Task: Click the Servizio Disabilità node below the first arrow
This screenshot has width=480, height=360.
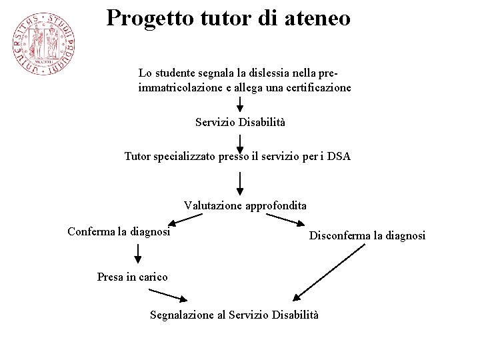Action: pyautogui.click(x=240, y=122)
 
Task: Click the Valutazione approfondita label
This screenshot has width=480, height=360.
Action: pyautogui.click(x=245, y=205)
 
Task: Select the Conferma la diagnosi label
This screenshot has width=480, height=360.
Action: pyautogui.click(x=119, y=232)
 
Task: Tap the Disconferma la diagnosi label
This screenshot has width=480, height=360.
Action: pyautogui.click(x=367, y=235)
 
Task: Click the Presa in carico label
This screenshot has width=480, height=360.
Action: pyautogui.click(x=132, y=277)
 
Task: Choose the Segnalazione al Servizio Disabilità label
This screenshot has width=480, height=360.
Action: pyautogui.click(x=234, y=314)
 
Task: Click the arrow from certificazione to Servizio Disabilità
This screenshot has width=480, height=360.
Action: pyautogui.click(x=240, y=104)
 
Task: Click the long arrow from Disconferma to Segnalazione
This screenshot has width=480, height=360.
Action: pyautogui.click(x=329, y=273)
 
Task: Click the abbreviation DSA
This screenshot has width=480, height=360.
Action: pyautogui.click(x=338, y=157)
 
